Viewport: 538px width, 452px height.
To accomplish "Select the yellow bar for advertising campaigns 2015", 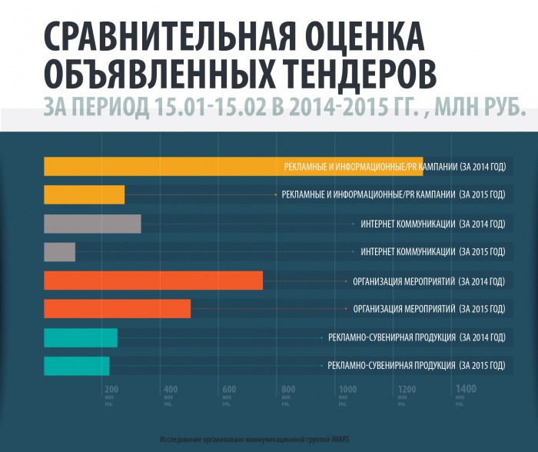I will (x=84, y=194).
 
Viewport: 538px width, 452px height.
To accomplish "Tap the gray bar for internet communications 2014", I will (x=92, y=224).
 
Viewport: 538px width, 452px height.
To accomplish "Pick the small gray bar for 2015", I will (x=59, y=252).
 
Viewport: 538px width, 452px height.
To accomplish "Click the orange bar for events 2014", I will (x=153, y=281).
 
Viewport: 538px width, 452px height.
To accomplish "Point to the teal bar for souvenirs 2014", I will (x=81, y=337).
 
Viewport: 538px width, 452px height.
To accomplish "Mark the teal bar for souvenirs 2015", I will (x=76, y=366).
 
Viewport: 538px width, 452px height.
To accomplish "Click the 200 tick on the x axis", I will (x=111, y=389).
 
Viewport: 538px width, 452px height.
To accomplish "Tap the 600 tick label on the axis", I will (x=228, y=389).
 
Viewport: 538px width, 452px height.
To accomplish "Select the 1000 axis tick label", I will (x=347, y=389).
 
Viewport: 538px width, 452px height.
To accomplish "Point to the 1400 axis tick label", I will (x=466, y=389).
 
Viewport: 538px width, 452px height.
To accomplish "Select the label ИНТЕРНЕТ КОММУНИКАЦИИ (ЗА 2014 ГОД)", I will (x=433, y=224).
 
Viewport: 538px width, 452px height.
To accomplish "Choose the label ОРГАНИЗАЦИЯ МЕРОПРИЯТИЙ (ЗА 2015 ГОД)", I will (x=429, y=309).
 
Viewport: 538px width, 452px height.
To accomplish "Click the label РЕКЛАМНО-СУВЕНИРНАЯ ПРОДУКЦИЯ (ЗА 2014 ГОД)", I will (x=417, y=337).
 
